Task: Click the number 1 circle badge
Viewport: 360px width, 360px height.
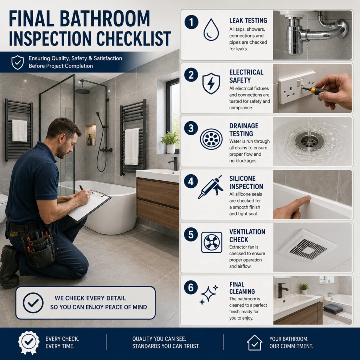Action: point(191,22)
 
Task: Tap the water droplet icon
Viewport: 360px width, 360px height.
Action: point(211,30)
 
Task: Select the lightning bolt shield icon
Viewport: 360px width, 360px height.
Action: point(211,83)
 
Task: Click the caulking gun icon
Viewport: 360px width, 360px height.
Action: point(211,187)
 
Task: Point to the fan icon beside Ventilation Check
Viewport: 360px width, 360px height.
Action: point(211,243)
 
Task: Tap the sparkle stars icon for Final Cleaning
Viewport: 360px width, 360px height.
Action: point(209,295)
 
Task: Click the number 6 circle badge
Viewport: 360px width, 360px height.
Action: point(191,288)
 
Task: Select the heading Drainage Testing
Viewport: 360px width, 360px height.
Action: point(244,130)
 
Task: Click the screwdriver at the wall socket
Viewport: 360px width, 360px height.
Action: point(317,90)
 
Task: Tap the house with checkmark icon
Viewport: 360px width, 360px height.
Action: point(255,342)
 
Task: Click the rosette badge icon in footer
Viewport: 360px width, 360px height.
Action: point(29,342)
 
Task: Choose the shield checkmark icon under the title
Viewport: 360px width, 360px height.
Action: point(18,62)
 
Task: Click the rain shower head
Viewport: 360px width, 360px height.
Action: point(83,91)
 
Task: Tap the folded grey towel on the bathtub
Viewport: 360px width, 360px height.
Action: point(333,308)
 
